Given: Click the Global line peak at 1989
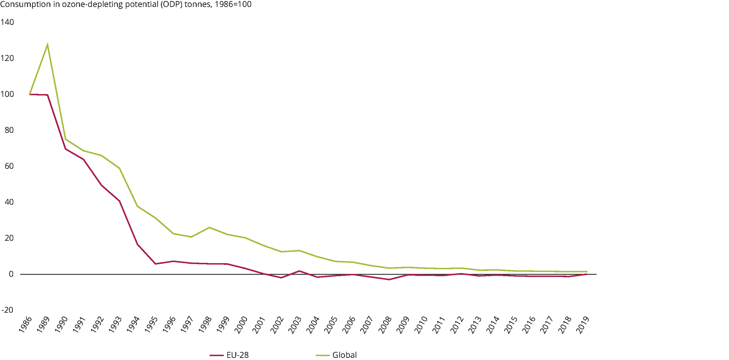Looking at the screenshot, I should [x=47, y=45].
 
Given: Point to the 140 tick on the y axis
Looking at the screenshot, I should [x=7, y=22].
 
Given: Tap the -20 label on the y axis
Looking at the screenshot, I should [x=7, y=310].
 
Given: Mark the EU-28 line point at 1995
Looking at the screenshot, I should [x=155, y=264].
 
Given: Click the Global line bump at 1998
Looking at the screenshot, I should [x=209, y=227].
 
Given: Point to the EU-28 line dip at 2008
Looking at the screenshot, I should [x=389, y=280].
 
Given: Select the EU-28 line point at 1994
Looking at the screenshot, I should [x=137, y=244].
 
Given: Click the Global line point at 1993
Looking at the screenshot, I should [x=119, y=168].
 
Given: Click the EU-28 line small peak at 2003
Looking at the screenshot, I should [x=299, y=271].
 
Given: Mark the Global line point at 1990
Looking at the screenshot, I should [x=65, y=139].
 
